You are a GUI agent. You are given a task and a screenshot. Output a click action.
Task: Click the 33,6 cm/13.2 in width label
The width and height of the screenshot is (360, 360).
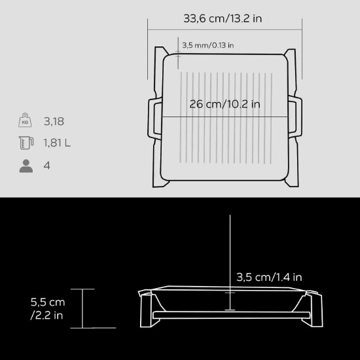[225, 18]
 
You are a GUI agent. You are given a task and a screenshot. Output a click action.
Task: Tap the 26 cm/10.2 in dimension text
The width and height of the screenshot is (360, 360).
[225, 103]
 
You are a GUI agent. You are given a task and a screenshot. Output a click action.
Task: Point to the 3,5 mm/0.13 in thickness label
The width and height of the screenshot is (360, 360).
[207, 45]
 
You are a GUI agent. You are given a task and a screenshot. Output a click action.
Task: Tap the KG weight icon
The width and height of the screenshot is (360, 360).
[26, 121]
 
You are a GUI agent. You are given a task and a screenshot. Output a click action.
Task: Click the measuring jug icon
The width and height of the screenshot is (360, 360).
[26, 143]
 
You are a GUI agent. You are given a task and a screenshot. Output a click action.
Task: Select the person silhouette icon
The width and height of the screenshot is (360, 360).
[26, 165]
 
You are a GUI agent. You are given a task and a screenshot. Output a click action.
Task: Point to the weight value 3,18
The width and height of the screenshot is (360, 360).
[54, 121]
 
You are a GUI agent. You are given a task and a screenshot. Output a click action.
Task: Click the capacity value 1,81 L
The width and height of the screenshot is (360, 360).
[58, 143]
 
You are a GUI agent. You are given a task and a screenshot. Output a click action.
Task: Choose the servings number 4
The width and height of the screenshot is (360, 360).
[46, 165]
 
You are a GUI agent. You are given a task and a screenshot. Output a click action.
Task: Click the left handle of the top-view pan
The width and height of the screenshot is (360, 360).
[154, 118]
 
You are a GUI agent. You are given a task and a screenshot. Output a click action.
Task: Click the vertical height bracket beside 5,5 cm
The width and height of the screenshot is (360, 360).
[83, 308]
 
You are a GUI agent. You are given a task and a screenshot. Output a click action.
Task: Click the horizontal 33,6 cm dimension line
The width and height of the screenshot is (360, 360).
[225, 28]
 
